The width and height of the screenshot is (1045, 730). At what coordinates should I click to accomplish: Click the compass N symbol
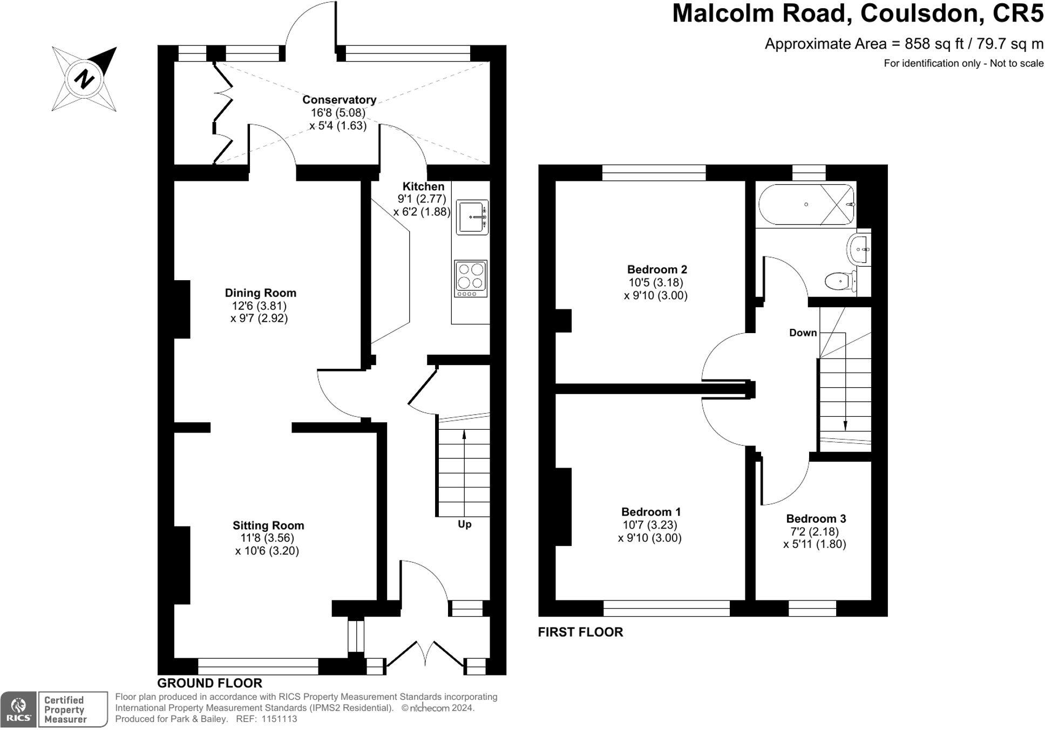(84, 79)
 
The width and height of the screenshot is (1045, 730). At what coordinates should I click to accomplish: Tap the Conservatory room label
(339, 100)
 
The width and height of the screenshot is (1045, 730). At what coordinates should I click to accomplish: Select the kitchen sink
(472, 217)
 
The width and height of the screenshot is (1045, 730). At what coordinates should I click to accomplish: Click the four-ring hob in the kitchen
(471, 279)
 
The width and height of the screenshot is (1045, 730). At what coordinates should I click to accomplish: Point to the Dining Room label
(260, 293)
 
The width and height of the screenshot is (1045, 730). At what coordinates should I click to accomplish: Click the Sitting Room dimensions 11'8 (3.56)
(267, 538)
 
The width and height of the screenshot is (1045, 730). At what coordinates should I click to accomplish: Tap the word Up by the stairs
(464, 524)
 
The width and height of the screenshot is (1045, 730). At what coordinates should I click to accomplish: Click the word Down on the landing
(803, 333)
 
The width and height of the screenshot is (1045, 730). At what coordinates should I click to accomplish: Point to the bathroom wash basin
(859, 249)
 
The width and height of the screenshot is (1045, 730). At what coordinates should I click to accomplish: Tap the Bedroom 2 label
(656, 269)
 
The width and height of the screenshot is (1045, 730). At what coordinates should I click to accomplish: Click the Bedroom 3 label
(816, 519)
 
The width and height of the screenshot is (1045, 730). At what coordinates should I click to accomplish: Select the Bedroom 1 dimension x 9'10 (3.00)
(650, 538)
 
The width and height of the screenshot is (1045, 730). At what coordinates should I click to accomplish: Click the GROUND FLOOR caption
(209, 683)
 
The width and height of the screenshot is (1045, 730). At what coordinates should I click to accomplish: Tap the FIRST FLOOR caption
(580, 632)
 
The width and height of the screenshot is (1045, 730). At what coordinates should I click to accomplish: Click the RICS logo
(19, 709)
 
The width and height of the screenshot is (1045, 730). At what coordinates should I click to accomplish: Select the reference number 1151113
(279, 719)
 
